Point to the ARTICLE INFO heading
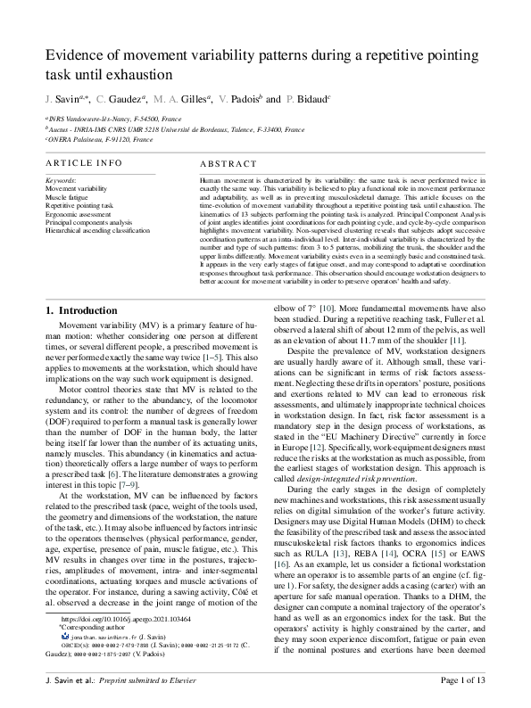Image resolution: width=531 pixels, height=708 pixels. point(84,163)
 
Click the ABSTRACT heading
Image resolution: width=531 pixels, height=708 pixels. point(229,165)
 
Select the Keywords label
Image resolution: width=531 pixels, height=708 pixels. point(61,180)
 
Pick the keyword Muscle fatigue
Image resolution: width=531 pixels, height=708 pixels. point(68,197)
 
